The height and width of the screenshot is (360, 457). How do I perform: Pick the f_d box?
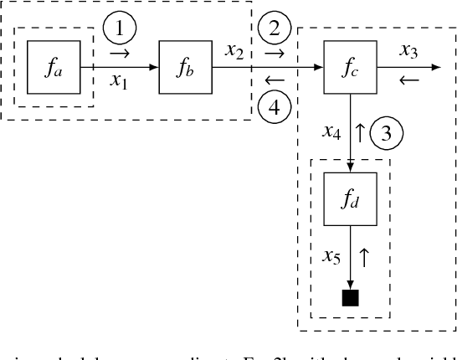pos(350,199)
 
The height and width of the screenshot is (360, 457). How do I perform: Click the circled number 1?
pos(121,30)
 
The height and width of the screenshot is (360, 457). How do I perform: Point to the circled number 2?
pos(275,30)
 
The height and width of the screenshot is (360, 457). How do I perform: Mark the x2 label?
pos(235,52)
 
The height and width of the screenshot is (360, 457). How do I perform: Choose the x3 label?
pos(408,52)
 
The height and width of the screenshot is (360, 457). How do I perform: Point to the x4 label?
pos(331,131)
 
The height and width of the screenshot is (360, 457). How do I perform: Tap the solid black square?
pos(350,296)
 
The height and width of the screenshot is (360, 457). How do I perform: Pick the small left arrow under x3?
pos(408,81)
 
